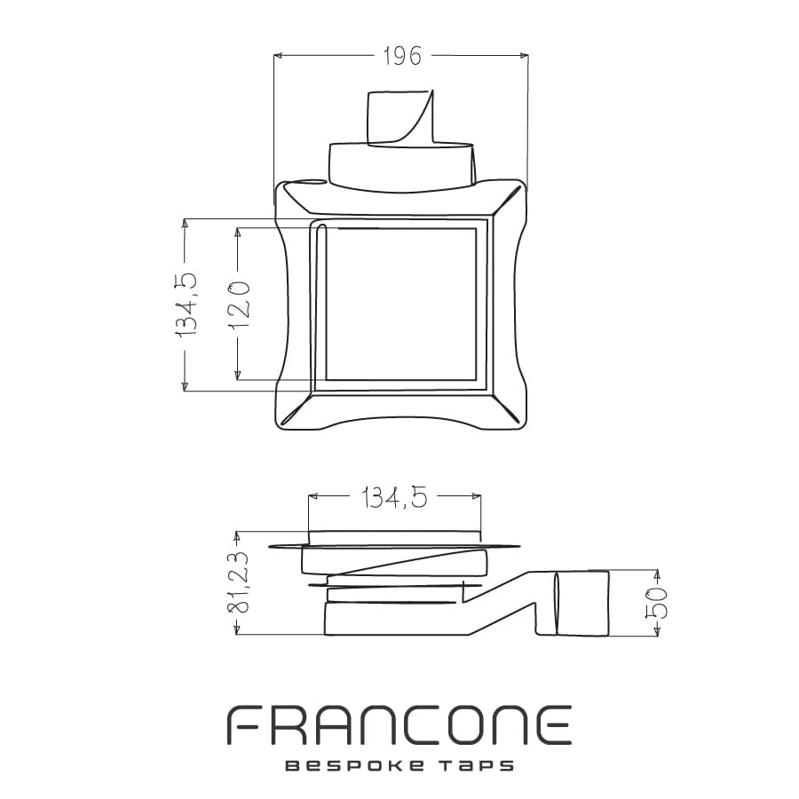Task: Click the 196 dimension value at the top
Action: click(x=402, y=56)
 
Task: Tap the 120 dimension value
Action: click(x=238, y=304)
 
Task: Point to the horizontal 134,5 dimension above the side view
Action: click(x=394, y=497)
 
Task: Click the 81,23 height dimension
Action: click(x=239, y=582)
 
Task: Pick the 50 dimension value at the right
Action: click(x=656, y=603)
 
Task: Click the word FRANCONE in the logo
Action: click(x=399, y=724)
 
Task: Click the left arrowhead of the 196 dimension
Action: click(x=278, y=55)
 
